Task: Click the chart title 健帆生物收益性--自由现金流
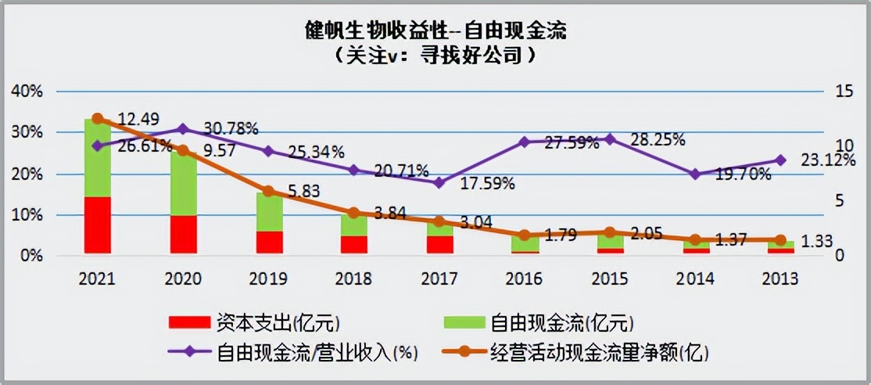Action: point(435,31)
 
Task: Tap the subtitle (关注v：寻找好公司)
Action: point(435,56)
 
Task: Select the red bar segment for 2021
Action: point(98,225)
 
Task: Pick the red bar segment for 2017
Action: point(439,244)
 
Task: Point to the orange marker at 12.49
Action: point(98,119)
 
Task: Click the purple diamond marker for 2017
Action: point(439,182)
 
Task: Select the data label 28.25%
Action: point(658,139)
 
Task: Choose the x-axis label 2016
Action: point(525,278)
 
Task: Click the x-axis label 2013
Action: point(780,278)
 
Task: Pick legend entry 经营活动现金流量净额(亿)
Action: point(599,352)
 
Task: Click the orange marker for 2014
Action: point(695,239)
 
